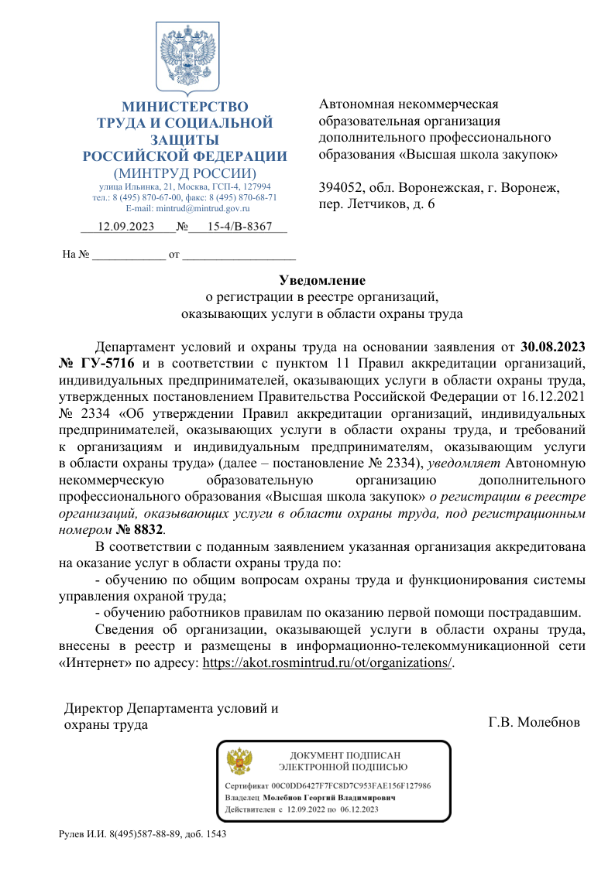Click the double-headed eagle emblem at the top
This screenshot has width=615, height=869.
[x=186, y=58]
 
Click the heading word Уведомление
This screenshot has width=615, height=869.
[x=321, y=280]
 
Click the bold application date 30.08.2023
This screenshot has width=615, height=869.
[x=552, y=346]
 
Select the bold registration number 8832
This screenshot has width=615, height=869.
[x=149, y=529]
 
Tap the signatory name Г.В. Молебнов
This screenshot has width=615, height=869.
[x=534, y=724]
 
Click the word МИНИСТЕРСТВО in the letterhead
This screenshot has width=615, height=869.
[x=185, y=107]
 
